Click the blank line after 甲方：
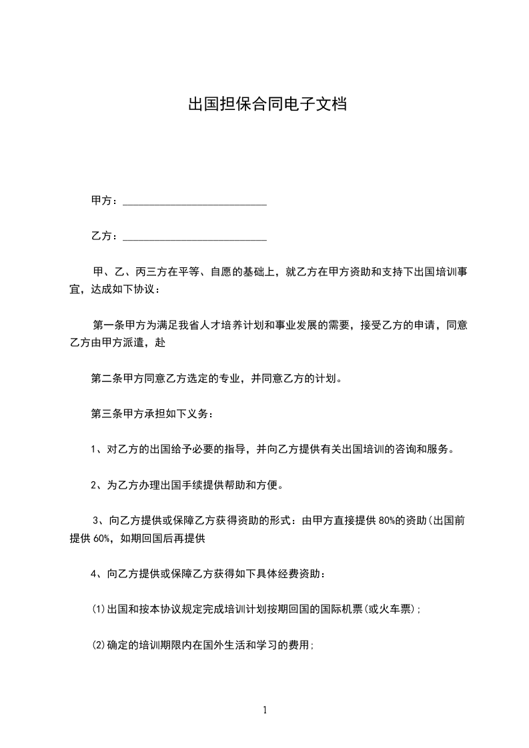pos(195,201)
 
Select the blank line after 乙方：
pos(195,237)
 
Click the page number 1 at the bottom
pos(265,710)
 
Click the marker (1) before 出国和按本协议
pos(98,609)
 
